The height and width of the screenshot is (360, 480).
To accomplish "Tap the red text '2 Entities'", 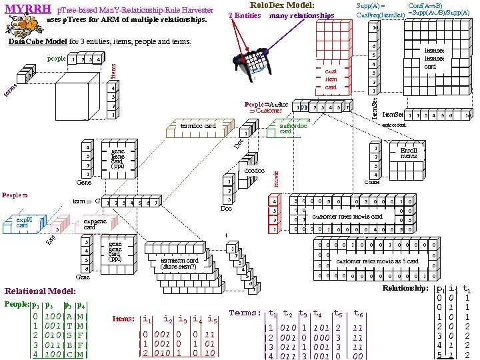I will (x=244, y=15).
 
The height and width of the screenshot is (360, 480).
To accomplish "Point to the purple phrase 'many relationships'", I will (x=301, y=15).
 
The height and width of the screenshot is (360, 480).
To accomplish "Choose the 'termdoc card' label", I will (x=199, y=125).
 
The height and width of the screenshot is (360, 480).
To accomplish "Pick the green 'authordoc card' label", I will (x=293, y=128).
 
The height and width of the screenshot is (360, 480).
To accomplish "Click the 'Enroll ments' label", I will (x=409, y=153).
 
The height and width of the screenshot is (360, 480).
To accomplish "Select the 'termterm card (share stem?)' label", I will (x=179, y=263).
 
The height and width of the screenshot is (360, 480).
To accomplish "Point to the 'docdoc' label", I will (x=254, y=171).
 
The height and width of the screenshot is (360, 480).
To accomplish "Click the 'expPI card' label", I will (x=27, y=223).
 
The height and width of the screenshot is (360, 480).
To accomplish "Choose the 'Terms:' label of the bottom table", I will (x=245, y=313).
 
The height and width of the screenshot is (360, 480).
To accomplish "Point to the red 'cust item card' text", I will (x=331, y=79).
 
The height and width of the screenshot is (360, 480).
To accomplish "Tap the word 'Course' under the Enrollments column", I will (x=372, y=182).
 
